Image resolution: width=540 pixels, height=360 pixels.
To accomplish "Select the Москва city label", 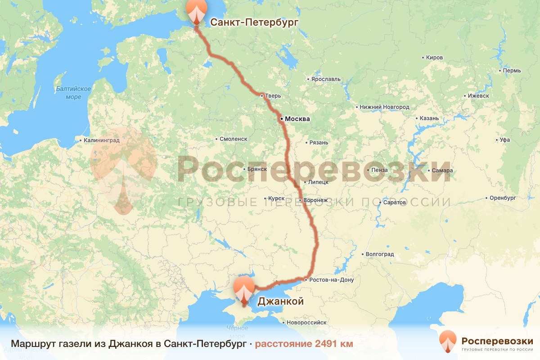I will click(297, 119).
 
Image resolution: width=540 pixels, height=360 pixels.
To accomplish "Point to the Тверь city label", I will click(273, 96).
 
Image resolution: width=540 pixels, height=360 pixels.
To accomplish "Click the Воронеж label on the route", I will click(315, 200).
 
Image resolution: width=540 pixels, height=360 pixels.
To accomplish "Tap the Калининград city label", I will click(102, 140).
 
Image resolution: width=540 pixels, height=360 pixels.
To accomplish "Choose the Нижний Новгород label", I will click(384, 107).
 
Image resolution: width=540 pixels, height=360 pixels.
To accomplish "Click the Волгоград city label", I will click(380, 254).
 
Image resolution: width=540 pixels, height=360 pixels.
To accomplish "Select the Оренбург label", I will click(503, 198).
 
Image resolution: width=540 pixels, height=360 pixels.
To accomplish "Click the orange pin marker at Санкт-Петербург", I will click(196, 11).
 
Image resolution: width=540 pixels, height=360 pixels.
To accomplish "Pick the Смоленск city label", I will click(234, 139).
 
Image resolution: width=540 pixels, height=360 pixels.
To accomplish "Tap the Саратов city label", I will click(395, 202).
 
